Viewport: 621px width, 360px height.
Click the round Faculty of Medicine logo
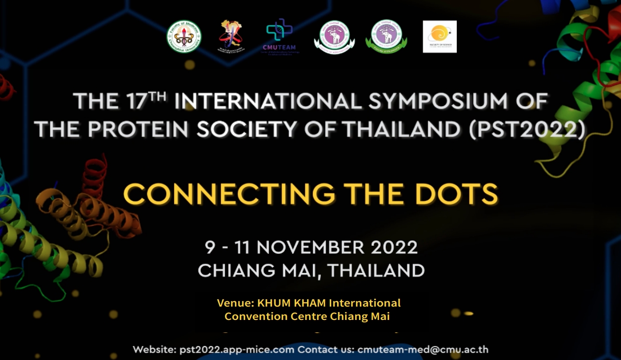click(x=183, y=36)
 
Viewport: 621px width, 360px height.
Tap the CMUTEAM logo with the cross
click(x=279, y=36)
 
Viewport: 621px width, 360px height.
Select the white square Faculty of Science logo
click(x=440, y=37)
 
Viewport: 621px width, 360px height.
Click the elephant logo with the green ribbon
click(x=386, y=36)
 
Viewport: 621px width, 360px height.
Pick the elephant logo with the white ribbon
click(x=334, y=37)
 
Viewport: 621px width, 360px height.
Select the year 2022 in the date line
click(x=395, y=247)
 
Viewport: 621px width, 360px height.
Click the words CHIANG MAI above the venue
click(x=258, y=270)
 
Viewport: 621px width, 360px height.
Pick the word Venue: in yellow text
click(x=235, y=303)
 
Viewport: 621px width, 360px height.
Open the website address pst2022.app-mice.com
click(x=235, y=350)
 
